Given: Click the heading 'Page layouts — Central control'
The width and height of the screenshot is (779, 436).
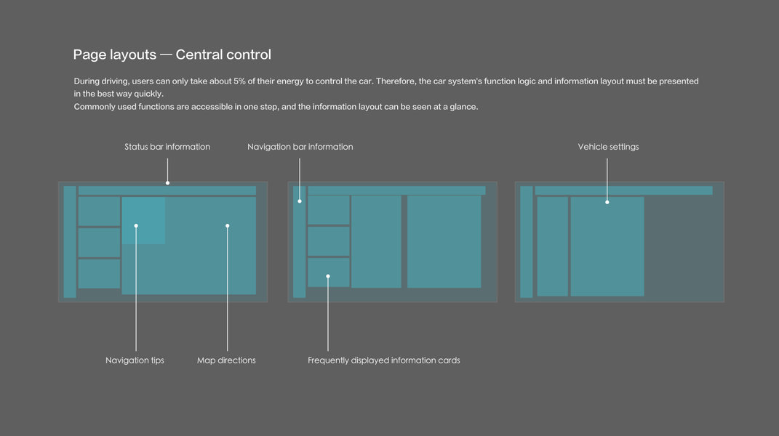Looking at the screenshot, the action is point(172,54).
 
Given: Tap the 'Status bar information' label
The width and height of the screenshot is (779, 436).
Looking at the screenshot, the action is point(167,147).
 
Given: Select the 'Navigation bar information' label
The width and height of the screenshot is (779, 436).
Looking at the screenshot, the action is point(300,147).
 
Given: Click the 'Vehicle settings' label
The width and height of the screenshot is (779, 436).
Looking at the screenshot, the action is point(608,147).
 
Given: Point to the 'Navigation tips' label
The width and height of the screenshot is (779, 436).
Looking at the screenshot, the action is point(135,360).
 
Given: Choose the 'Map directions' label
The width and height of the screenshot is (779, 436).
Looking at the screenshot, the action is point(226,360).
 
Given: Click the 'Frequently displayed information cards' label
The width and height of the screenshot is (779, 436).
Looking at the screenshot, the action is point(383,360).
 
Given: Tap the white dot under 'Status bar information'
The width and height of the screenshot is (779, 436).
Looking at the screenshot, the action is point(167,183).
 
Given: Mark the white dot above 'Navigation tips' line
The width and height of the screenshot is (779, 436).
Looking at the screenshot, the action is point(136,226).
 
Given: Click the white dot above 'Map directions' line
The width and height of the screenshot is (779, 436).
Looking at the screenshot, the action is point(228,226).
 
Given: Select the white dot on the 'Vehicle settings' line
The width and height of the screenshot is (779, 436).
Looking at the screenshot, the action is point(607,202).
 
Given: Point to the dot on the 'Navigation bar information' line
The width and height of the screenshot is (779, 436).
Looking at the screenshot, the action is point(300,201).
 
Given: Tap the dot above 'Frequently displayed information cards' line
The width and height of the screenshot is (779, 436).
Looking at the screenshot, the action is point(328,276).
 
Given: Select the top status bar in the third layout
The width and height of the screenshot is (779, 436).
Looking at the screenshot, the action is point(623,190).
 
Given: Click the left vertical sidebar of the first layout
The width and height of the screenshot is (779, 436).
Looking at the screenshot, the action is point(70,242).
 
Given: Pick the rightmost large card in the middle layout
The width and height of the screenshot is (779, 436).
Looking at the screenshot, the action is point(444,241).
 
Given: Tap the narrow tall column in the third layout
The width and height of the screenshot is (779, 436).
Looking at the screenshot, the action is point(552,246).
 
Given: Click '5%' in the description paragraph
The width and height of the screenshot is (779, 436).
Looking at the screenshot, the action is point(239,81).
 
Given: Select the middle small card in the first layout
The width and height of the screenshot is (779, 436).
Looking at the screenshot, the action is point(99,243).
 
